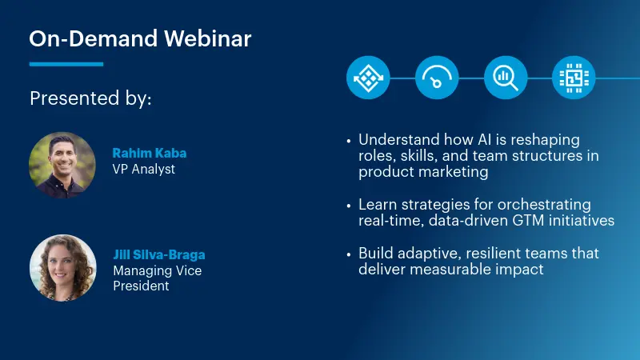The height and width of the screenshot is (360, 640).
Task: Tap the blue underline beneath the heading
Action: click(66, 64)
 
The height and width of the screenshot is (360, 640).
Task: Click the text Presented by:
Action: click(90, 98)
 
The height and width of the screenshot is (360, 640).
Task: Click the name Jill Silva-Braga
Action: click(158, 255)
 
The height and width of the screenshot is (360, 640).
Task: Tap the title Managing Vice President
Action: click(157, 278)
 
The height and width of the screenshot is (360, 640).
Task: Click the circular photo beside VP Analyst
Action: click(62, 165)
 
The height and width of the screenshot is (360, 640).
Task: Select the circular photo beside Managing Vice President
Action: click(62, 267)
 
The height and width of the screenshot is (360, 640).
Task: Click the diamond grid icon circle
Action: click(368, 78)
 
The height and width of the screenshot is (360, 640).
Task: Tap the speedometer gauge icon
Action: click(437, 78)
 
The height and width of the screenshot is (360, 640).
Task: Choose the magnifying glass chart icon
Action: click(506, 78)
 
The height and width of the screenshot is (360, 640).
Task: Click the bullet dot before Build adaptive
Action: click(349, 254)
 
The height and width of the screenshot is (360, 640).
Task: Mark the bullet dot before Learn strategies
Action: click(349, 206)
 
